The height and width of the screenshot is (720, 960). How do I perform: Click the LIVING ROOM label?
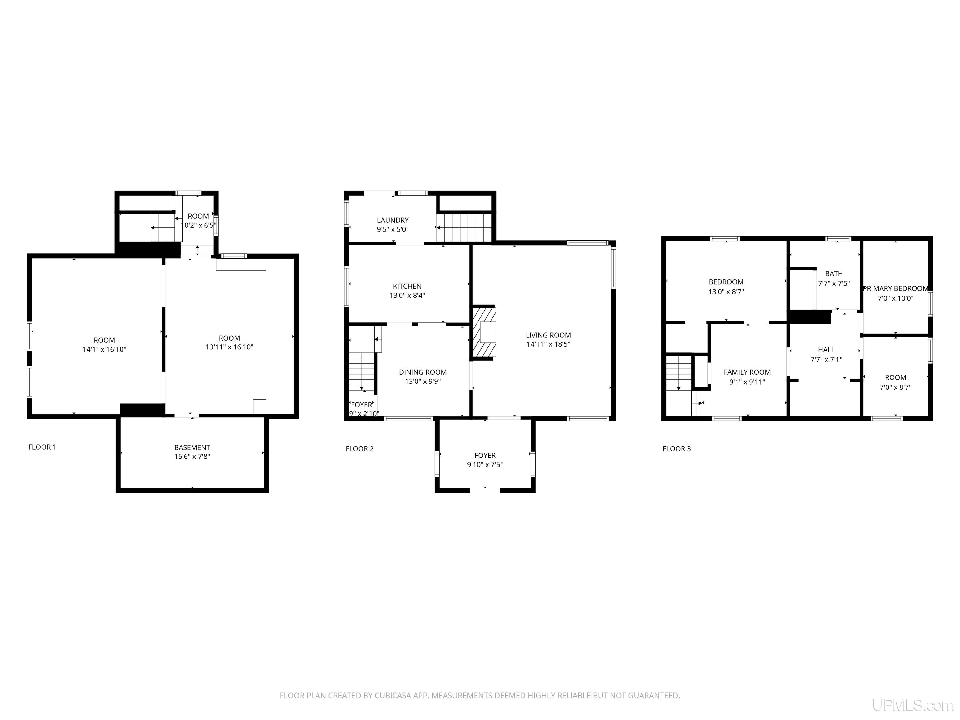coord(548,335)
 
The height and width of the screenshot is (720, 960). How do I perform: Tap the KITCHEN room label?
coord(407,287)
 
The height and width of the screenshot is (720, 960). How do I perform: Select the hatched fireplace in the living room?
coord(483,332)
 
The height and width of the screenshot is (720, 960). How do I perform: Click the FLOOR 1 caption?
coord(42,447)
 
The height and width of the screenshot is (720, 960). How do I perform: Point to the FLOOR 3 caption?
coord(677,449)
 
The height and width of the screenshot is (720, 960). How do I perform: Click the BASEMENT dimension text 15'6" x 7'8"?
coord(192,457)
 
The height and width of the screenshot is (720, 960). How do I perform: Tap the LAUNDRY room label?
coord(393,221)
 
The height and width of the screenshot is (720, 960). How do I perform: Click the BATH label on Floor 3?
coord(834,273)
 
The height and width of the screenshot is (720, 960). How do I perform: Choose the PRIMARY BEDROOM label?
coord(895,289)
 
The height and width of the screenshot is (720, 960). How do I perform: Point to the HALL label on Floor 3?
coord(826,350)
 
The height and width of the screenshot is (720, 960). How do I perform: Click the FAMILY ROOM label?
coord(747,372)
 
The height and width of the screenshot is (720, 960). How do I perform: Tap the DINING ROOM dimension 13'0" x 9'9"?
coord(423,382)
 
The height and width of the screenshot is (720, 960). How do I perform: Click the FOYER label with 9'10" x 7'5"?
coord(485,456)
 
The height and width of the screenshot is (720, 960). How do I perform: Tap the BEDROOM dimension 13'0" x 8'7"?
coord(726,292)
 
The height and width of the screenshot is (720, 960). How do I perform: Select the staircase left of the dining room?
coord(362,372)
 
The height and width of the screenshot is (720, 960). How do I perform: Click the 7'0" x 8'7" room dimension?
coord(895,387)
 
